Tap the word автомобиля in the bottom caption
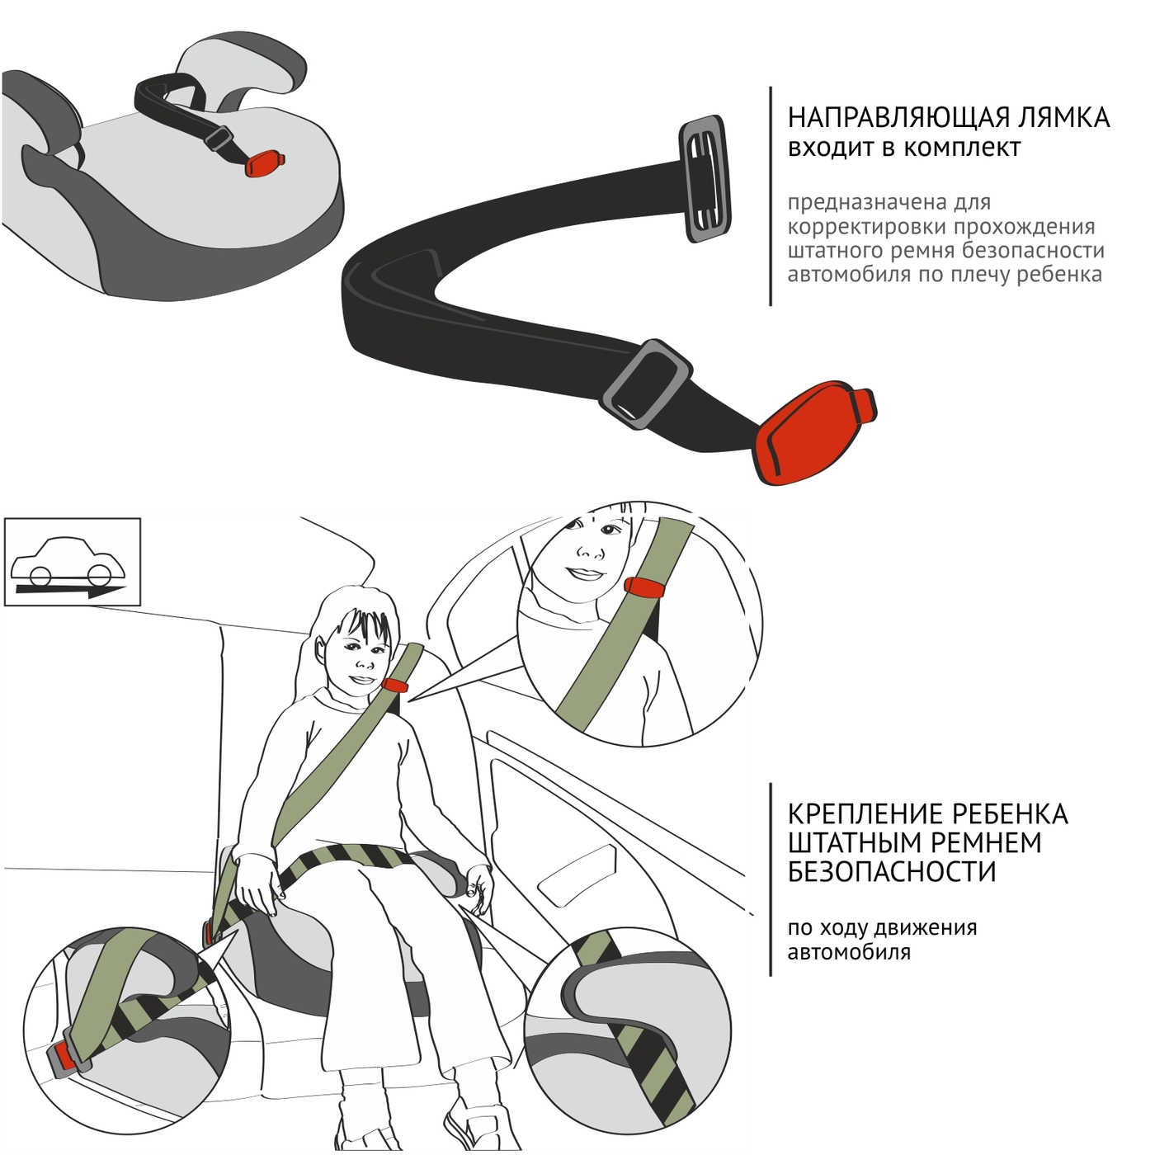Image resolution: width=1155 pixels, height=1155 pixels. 849,952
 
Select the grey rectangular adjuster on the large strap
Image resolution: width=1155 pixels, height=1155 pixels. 647,384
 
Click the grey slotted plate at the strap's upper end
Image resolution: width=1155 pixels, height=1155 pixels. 705,179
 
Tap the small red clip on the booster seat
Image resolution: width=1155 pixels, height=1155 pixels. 264,163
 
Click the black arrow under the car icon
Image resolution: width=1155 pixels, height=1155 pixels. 71,591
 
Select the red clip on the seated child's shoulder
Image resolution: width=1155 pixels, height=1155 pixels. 394,685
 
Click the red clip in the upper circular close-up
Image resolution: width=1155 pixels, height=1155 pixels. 644,587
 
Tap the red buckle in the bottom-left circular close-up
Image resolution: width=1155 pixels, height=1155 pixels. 65,1062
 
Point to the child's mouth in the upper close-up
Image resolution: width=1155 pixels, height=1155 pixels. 586,573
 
